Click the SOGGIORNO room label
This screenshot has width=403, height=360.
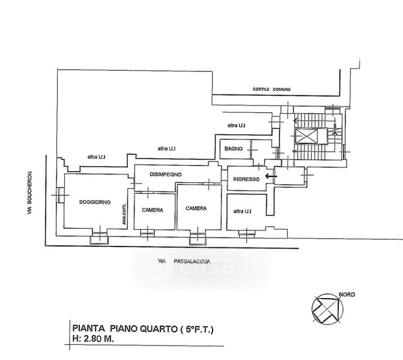[x=95, y=202]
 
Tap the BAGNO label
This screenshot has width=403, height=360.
[x=234, y=149]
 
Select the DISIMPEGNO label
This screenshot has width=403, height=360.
[x=166, y=175]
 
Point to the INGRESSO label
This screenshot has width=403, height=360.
[x=246, y=179]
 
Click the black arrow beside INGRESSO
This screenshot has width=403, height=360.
[x=271, y=176]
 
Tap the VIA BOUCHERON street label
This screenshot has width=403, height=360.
[x=30, y=193]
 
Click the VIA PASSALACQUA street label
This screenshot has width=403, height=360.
[x=184, y=262]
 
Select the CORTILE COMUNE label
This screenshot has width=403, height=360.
[x=271, y=89]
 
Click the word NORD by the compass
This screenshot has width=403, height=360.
[x=347, y=295]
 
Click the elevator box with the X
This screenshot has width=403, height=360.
[x=306, y=136]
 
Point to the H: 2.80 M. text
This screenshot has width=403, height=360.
[x=93, y=338]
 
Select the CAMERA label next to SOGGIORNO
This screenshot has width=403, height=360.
[x=153, y=210]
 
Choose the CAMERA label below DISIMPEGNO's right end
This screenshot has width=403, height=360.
[x=196, y=208]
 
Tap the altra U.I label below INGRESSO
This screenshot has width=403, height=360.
[x=243, y=211]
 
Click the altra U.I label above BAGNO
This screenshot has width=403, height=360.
[x=236, y=125]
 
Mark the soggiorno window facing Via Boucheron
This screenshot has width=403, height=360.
[x=60, y=195]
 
